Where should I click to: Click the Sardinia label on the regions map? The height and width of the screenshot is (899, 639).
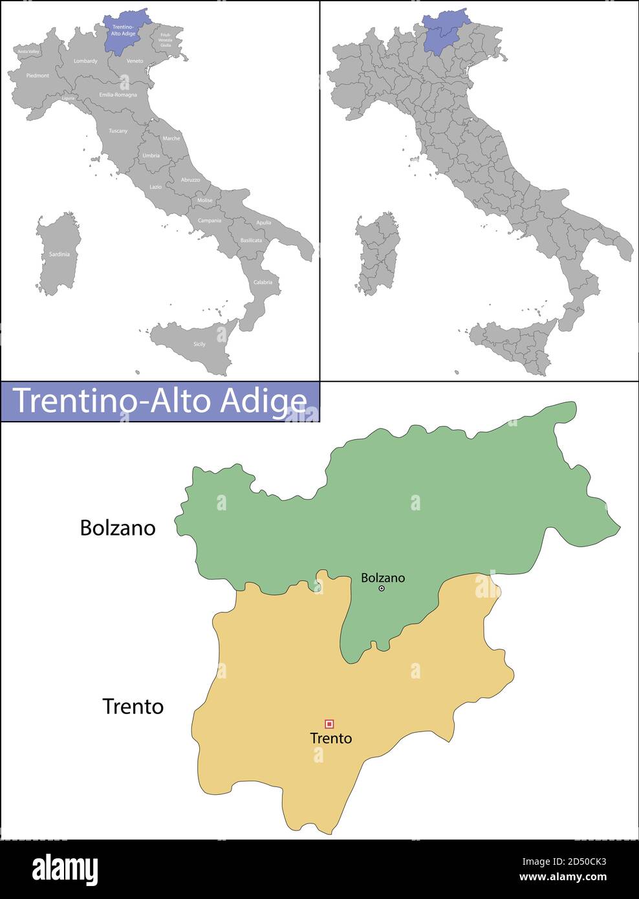pyautogui.click(x=59, y=254)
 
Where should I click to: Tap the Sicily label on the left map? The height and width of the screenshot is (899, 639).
pyautogui.click(x=199, y=344)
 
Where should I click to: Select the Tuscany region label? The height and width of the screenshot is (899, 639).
pyautogui.click(x=118, y=131)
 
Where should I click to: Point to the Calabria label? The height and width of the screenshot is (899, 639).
pyautogui.click(x=263, y=282)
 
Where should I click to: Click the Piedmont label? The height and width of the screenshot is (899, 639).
pyautogui.click(x=38, y=76)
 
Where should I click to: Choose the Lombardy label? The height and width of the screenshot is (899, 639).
pyautogui.click(x=85, y=61)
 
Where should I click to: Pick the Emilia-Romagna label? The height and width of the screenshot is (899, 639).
pyautogui.click(x=118, y=94)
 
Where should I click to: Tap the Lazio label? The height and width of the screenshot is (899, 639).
pyautogui.click(x=156, y=187)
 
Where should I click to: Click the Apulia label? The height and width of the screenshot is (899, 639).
pyautogui.click(x=264, y=222)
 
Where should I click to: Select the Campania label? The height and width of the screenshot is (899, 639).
pyautogui.click(x=210, y=221)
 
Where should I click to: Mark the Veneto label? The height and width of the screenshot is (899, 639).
pyautogui.click(x=135, y=61)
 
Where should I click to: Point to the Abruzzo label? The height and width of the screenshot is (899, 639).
pyautogui.click(x=190, y=179)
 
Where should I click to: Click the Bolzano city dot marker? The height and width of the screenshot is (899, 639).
pyautogui.click(x=382, y=589)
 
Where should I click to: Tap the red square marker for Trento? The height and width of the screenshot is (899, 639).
pyautogui.click(x=329, y=724)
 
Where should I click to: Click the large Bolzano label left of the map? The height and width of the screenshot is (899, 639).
pyautogui.click(x=118, y=528)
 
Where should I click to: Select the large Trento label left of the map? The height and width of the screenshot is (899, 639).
pyautogui.click(x=133, y=706)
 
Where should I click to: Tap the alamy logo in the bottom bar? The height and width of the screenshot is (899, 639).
pyautogui.click(x=65, y=869)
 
